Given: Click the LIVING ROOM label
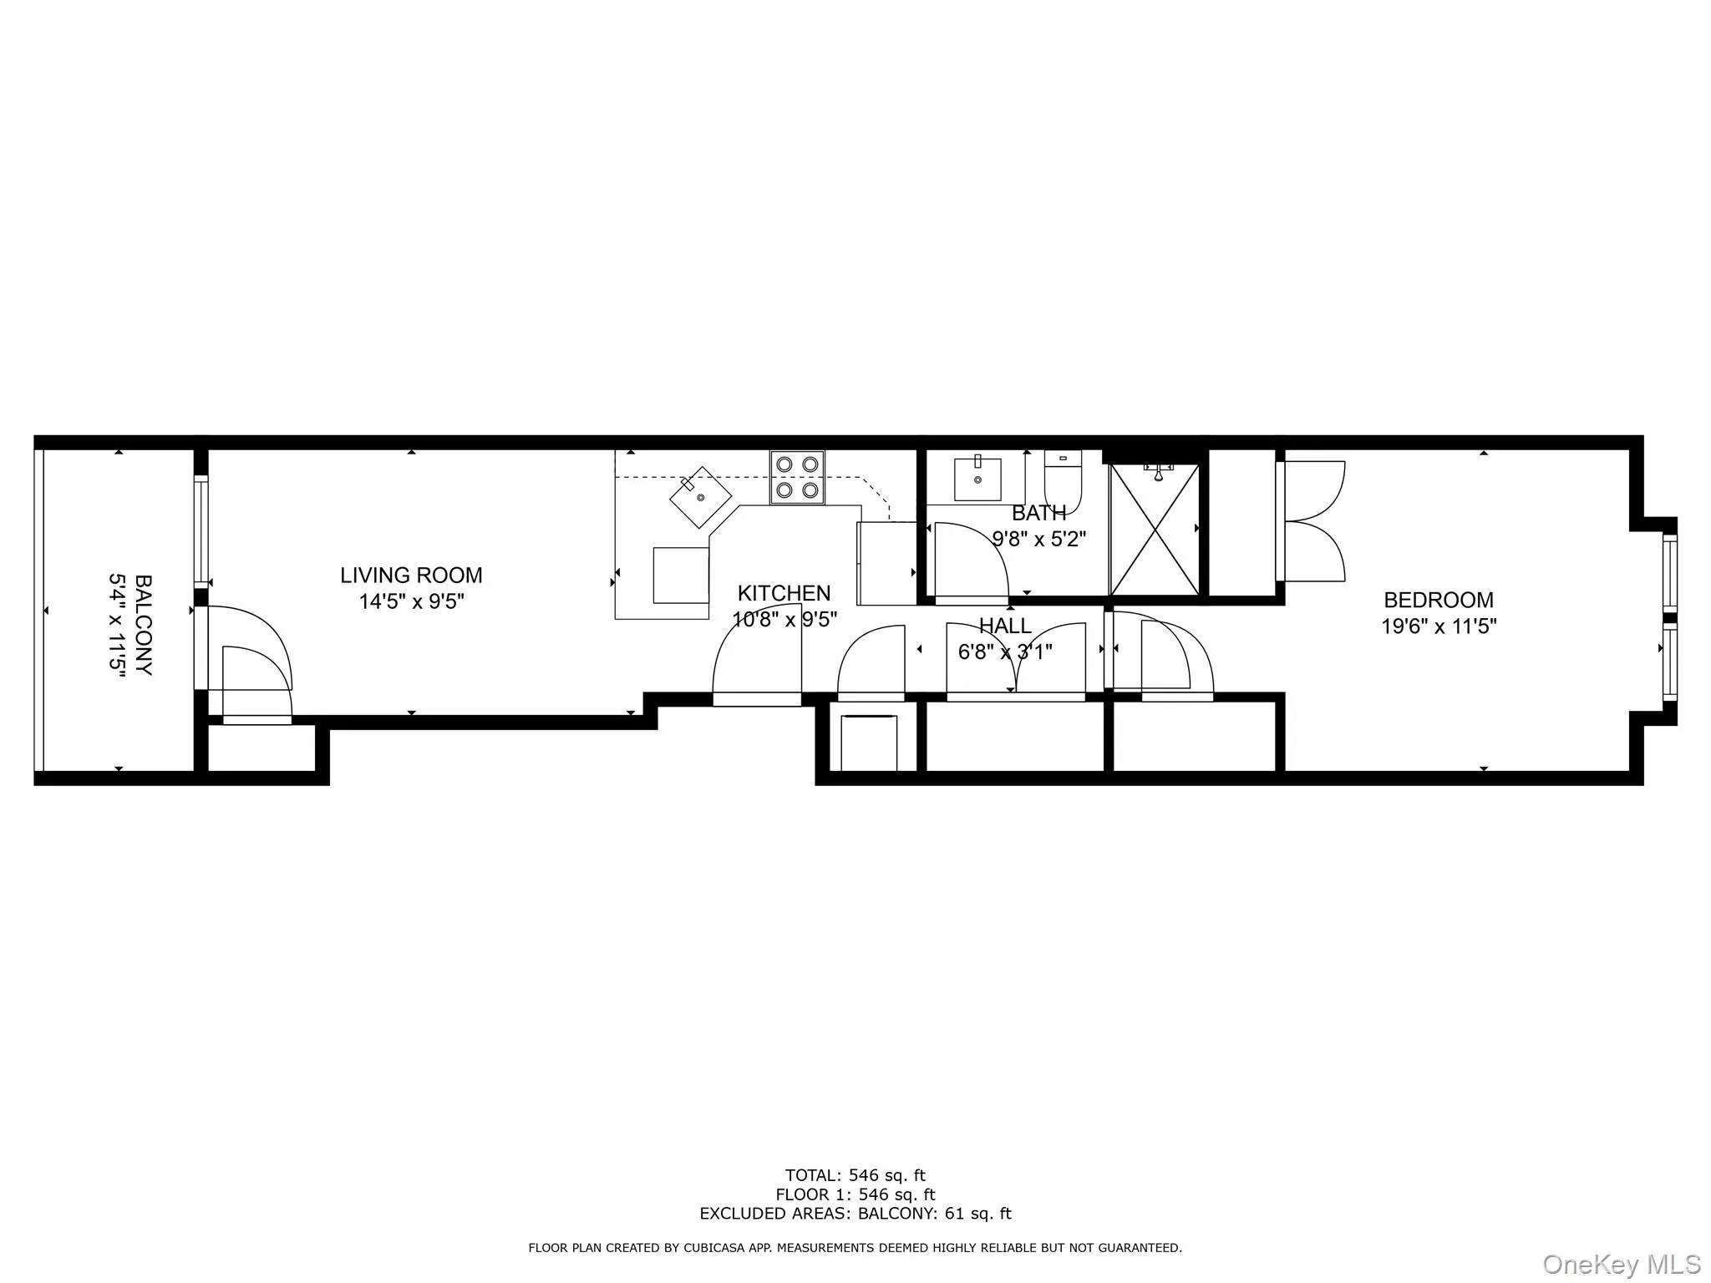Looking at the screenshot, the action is [x=411, y=576].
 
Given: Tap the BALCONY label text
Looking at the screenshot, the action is [x=143, y=624].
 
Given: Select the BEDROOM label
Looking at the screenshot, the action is [x=1439, y=600].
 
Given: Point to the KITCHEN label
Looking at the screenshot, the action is [x=784, y=593].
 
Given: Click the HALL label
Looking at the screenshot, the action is [x=1005, y=626].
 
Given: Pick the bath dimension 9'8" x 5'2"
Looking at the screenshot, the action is [x=1038, y=539].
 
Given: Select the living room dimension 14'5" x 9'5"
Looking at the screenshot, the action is [x=411, y=601].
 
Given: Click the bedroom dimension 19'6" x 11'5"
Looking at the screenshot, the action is [x=1439, y=626].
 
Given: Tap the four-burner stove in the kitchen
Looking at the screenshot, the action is [x=797, y=477].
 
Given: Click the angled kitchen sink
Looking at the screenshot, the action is [x=701, y=497].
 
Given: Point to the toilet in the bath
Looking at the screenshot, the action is [x=1063, y=480].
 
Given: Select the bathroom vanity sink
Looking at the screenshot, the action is [x=977, y=478].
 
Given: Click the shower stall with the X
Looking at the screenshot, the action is [x=1154, y=529].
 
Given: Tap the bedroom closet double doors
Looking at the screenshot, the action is [x=1312, y=520].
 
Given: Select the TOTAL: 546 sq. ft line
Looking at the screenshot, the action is [x=855, y=1176].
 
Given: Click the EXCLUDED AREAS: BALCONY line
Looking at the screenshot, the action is [x=855, y=1214].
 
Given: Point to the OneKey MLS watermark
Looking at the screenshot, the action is [x=1622, y=1264].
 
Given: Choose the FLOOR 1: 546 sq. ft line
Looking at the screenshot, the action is [x=855, y=1194].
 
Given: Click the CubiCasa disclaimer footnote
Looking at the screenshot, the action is [x=855, y=1248].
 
